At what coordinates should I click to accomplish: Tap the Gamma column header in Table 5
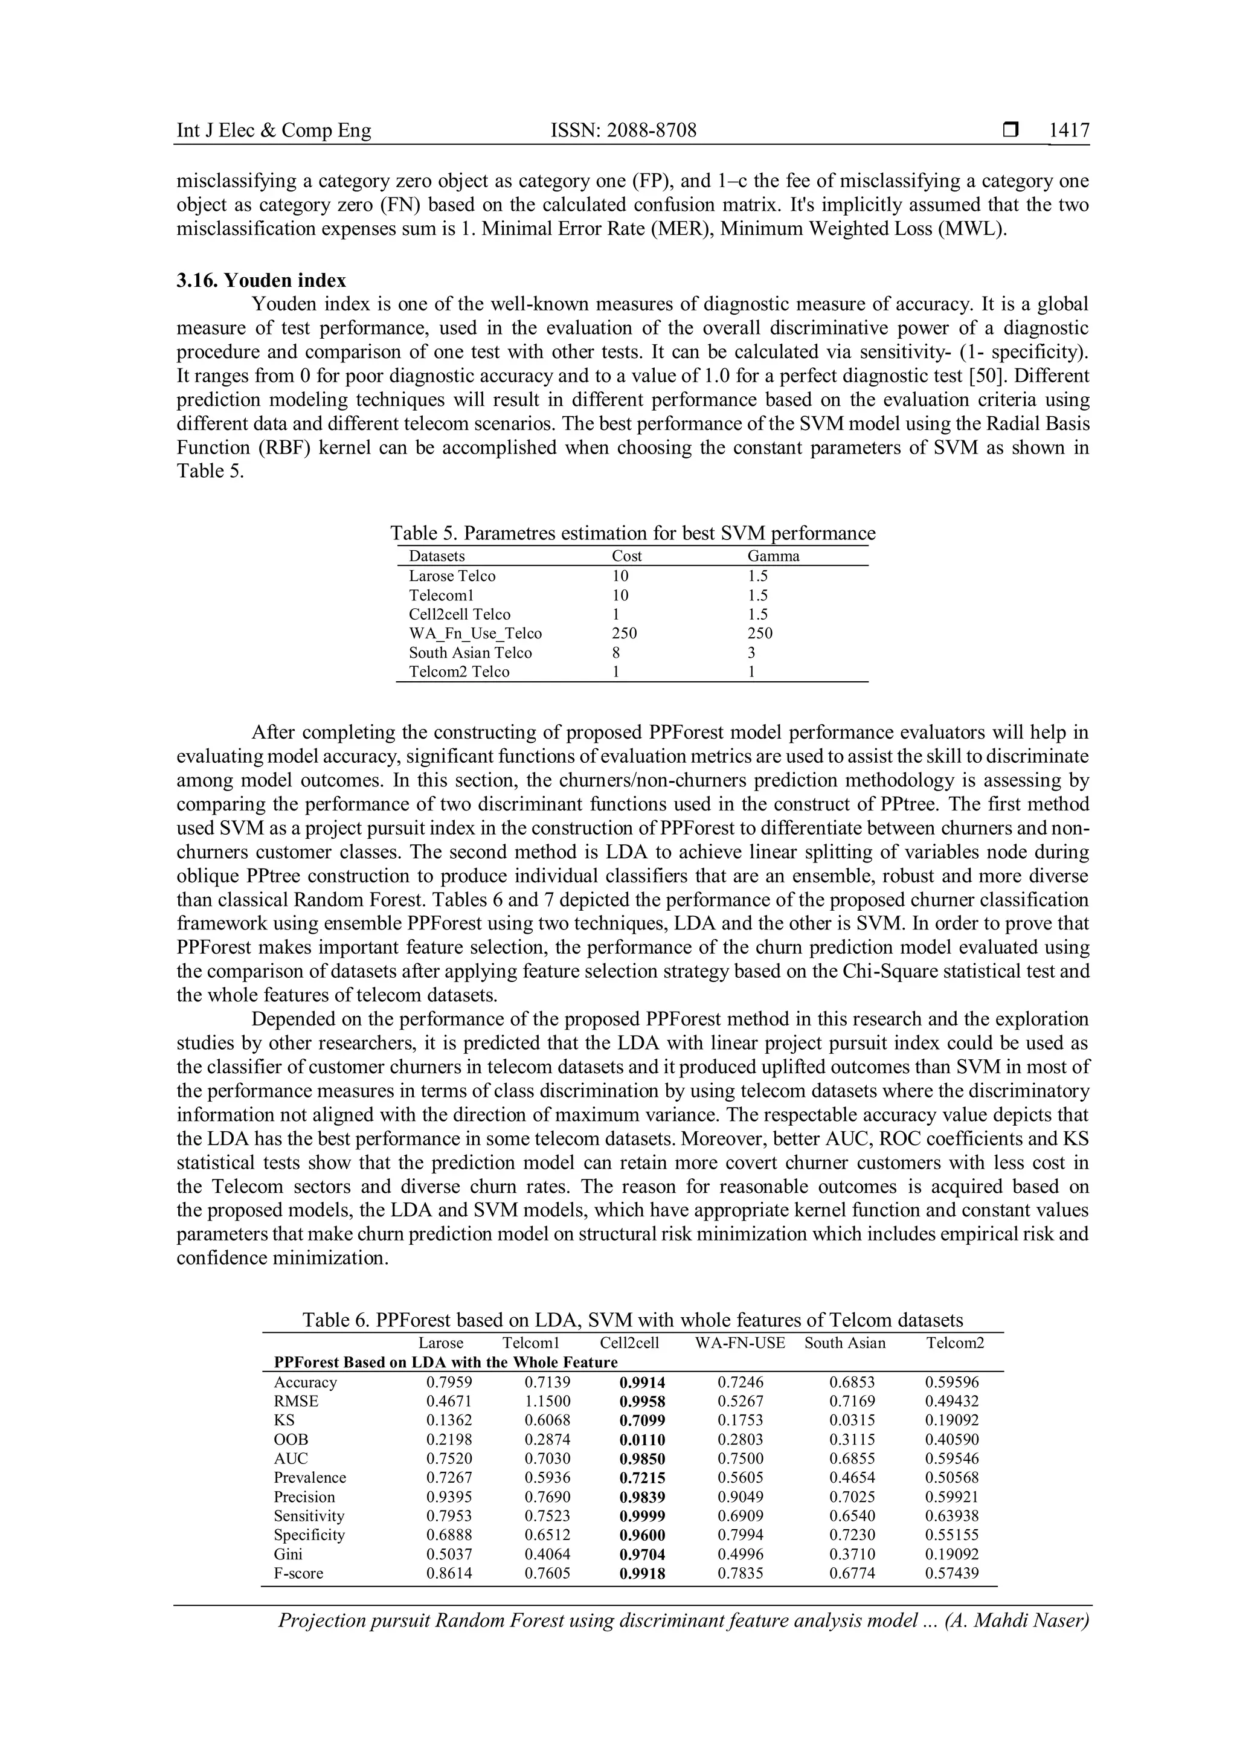[773, 556]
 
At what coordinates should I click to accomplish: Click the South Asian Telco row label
[470, 652]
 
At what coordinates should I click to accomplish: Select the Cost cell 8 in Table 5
[615, 652]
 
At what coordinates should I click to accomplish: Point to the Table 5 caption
[632, 533]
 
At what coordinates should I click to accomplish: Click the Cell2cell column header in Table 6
[629, 1343]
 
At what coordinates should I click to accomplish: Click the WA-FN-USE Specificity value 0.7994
[741, 1535]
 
